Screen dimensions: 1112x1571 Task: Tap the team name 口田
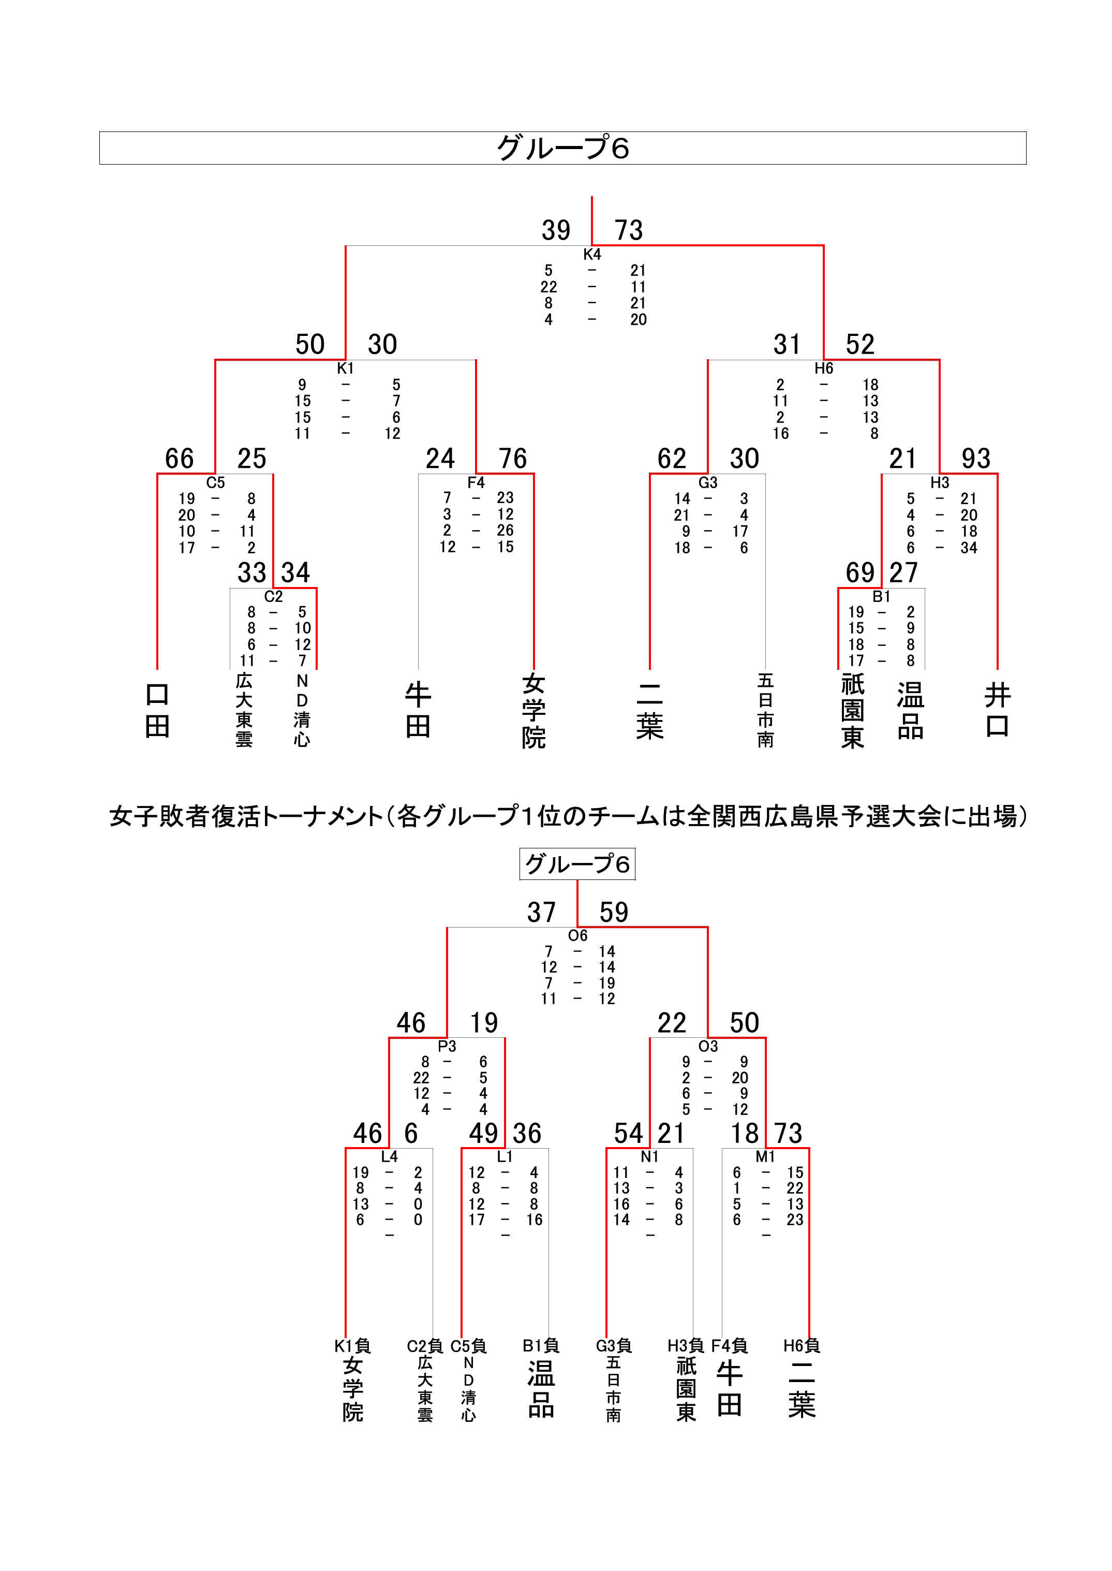pos(157,710)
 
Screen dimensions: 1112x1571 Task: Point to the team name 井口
pos(997,710)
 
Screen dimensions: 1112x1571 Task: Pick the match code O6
pos(578,935)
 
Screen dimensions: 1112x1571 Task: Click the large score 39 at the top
pos(556,230)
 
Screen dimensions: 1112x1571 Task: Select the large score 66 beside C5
pos(180,458)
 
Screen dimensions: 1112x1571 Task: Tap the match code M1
pos(765,1157)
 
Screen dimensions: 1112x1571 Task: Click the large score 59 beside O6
pos(614,912)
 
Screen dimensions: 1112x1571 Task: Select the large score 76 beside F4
pos(512,458)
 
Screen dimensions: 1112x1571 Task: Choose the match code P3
pos(447,1047)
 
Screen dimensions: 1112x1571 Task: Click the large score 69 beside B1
pos(860,572)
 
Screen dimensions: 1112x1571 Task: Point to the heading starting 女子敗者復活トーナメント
pos(568,816)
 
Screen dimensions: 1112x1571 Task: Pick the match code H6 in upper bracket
pos(824,369)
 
